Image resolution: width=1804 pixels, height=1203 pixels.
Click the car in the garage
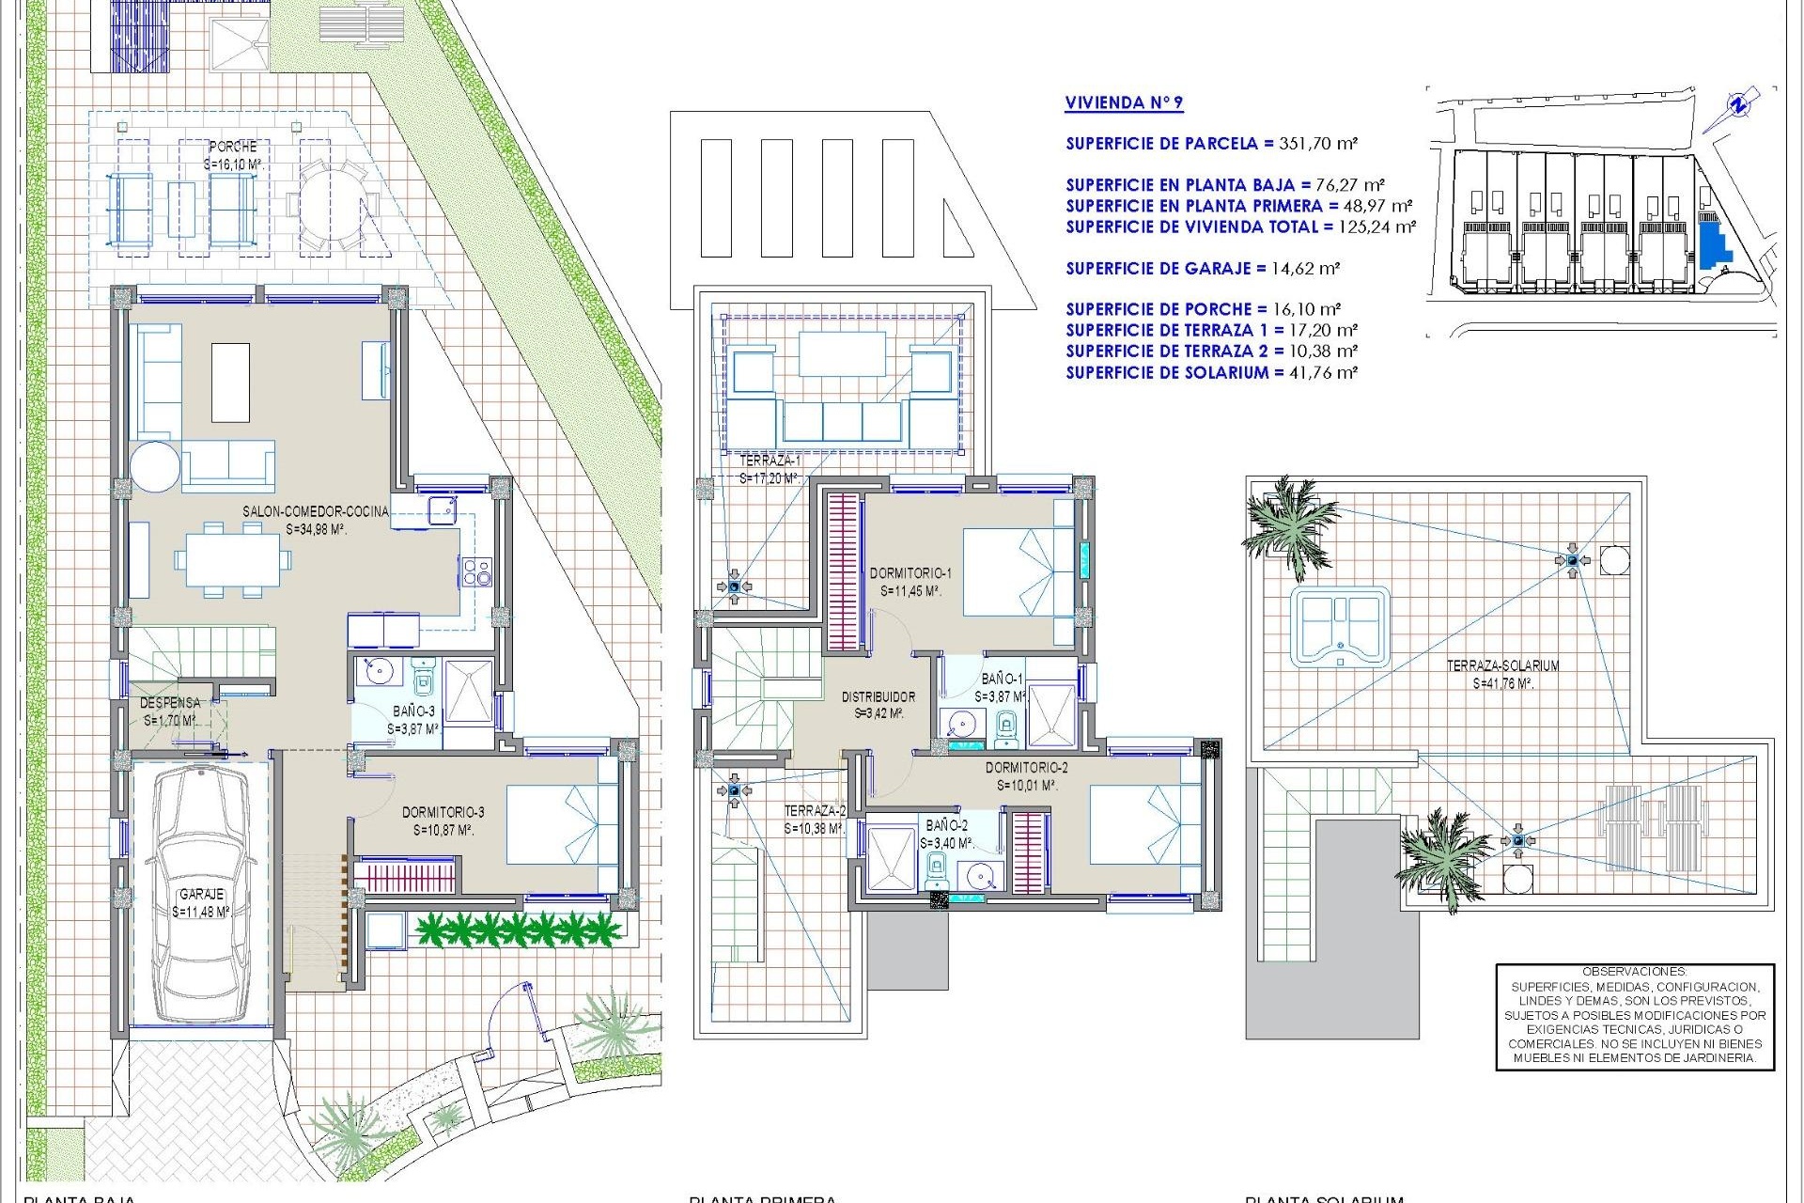(x=200, y=893)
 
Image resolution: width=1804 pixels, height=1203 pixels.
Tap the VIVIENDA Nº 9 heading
(x=1124, y=103)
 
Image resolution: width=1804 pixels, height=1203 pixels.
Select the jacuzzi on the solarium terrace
(x=1339, y=627)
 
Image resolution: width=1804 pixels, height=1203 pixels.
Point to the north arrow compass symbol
(x=1739, y=105)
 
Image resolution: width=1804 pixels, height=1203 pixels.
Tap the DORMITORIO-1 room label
(x=910, y=573)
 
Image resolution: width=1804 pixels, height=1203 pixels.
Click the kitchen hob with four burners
(x=476, y=571)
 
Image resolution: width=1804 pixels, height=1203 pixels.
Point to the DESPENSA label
(x=170, y=703)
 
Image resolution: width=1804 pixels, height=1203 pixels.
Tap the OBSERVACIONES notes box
(x=1634, y=1016)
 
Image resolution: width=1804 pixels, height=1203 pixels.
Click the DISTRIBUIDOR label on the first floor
(x=879, y=697)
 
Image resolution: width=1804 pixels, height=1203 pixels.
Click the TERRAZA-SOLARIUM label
(x=1502, y=665)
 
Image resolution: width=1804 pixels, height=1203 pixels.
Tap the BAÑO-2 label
(x=946, y=825)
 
